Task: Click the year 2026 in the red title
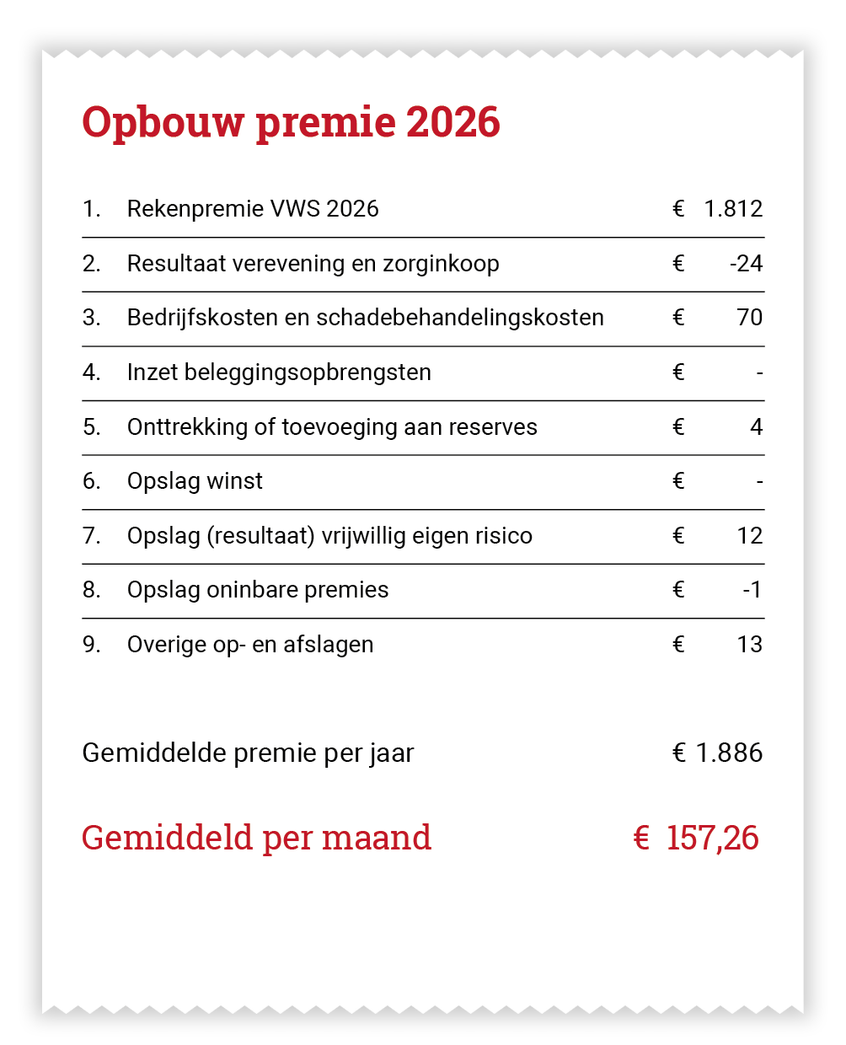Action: (453, 122)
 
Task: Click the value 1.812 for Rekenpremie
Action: (733, 209)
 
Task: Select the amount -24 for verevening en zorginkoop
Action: (746, 264)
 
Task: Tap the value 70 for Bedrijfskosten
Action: (749, 318)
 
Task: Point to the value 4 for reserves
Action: (756, 427)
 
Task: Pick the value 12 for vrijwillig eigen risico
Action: (749, 536)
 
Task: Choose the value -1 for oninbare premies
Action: (752, 590)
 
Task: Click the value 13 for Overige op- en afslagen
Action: (749, 645)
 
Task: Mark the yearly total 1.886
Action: (729, 753)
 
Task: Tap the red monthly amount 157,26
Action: (712, 838)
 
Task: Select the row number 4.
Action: (91, 372)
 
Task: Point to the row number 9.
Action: (91, 645)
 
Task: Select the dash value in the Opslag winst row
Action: (759, 482)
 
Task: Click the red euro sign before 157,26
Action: (641, 838)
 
